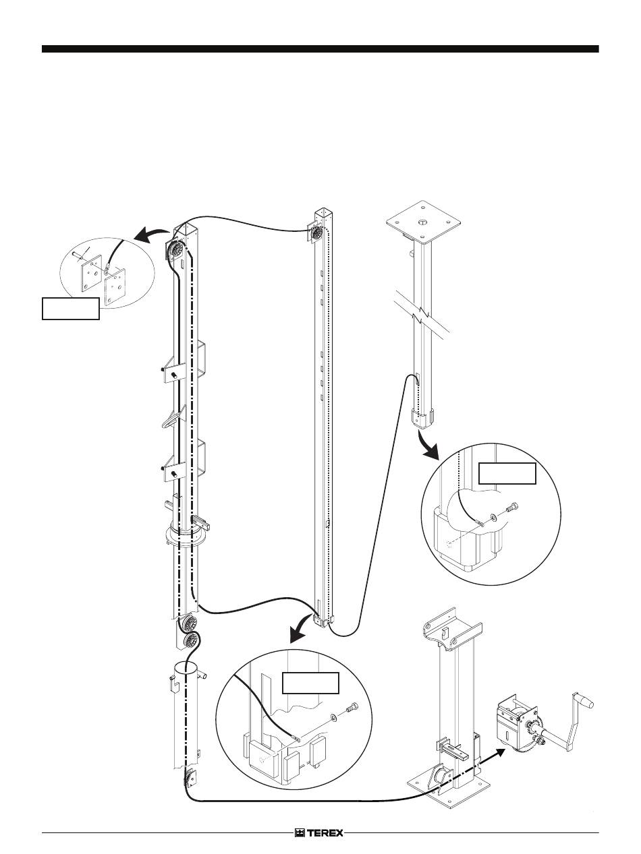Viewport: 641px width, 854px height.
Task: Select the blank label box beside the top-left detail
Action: point(70,309)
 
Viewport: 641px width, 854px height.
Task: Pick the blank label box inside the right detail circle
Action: point(507,473)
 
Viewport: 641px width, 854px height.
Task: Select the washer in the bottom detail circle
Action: point(333,716)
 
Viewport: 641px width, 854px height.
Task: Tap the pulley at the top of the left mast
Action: point(176,250)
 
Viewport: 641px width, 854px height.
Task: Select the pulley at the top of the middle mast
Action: point(316,234)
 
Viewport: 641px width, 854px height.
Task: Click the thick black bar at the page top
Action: point(320,49)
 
